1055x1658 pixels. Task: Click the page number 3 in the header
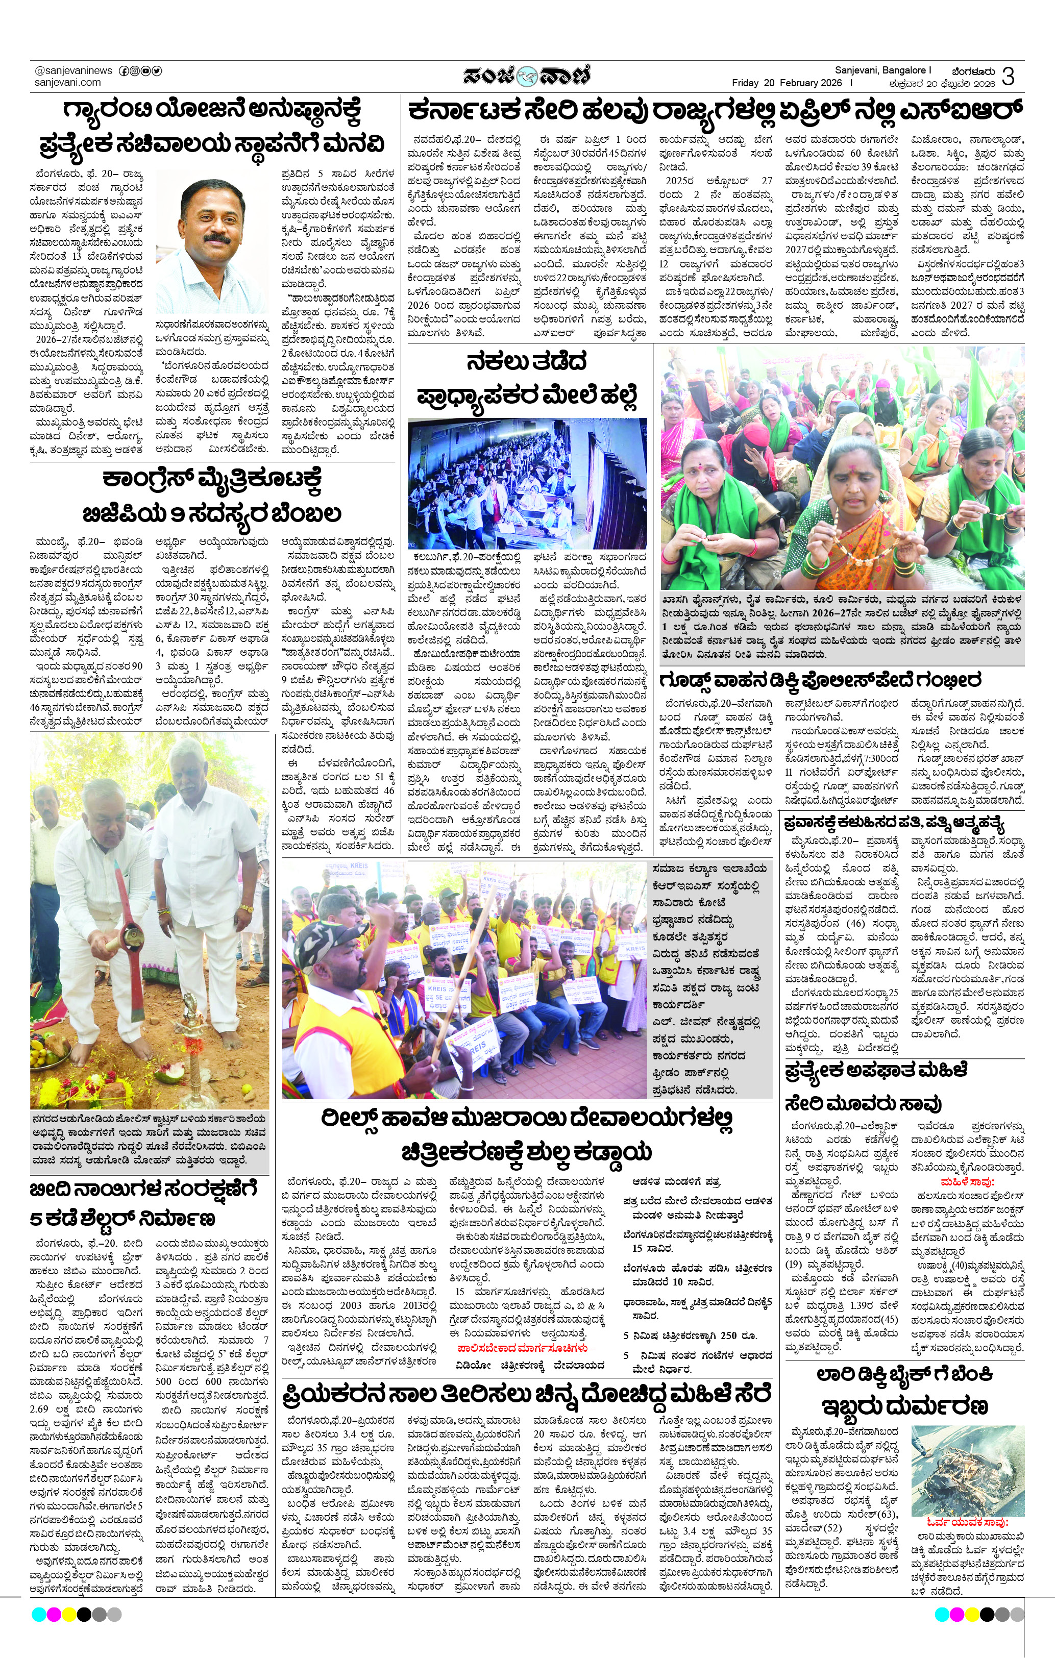pyautogui.click(x=1008, y=76)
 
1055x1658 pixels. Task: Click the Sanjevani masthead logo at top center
pyautogui.click(x=527, y=75)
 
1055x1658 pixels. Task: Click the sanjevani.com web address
pyautogui.click(x=67, y=82)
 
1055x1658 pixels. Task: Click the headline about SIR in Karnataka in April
pyautogui.click(x=714, y=110)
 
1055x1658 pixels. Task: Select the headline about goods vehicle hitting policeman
pyautogui.click(x=820, y=680)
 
